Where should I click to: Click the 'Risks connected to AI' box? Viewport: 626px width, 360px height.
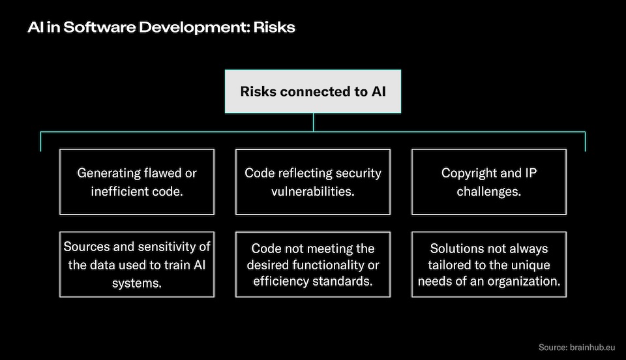coord(313,91)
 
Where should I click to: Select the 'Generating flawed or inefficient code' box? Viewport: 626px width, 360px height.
coord(137,182)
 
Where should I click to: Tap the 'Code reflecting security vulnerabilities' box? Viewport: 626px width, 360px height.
coord(313,182)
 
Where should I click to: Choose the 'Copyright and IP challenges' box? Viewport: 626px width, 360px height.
coord(489,182)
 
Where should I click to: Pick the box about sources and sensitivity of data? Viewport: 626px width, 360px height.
coord(137,264)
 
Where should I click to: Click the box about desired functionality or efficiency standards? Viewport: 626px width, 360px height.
coord(313,264)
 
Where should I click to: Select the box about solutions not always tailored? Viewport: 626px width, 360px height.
coord(489,264)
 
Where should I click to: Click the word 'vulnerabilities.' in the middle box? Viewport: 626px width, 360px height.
coord(313,191)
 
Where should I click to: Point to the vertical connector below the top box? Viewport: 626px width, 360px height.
coord(313,122)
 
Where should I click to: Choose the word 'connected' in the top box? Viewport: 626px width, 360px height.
coord(316,91)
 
